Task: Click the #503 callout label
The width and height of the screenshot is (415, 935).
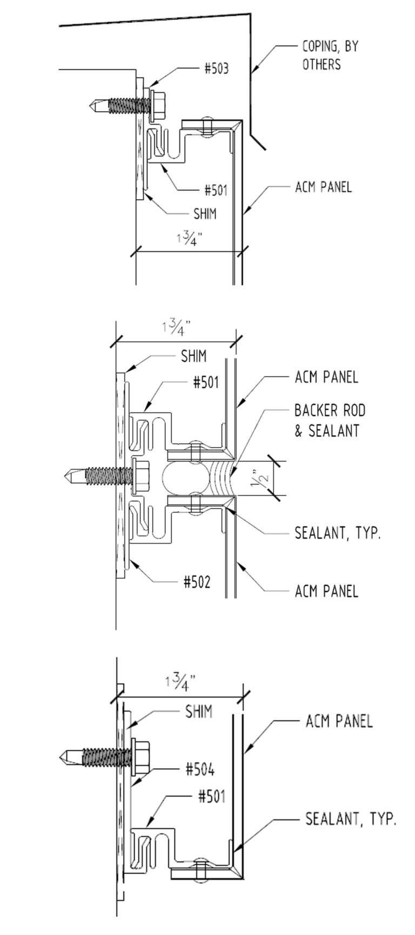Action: (216, 69)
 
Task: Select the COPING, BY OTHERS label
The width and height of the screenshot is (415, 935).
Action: (330, 56)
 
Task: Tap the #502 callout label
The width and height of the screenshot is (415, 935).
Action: (196, 582)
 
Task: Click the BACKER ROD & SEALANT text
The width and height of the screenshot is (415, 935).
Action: (330, 421)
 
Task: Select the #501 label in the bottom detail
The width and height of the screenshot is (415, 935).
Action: (211, 797)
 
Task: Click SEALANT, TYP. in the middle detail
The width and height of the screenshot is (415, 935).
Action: (338, 534)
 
